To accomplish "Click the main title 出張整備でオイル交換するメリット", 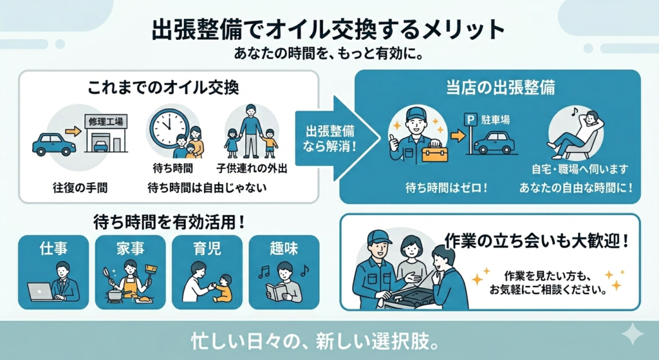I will pyautogui.click(x=328, y=30).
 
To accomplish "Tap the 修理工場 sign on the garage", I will pyautogui.click(x=106, y=120).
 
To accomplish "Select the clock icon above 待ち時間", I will pyautogui.click(x=168, y=125).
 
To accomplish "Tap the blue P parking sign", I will pyautogui.click(x=471, y=120).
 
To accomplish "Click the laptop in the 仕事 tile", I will pyautogui.click(x=41, y=291).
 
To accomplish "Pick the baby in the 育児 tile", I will pyautogui.click(x=222, y=287).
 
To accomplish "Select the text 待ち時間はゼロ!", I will pyautogui.click(x=446, y=188).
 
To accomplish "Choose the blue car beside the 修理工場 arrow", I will pyautogui.click(x=53, y=144).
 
